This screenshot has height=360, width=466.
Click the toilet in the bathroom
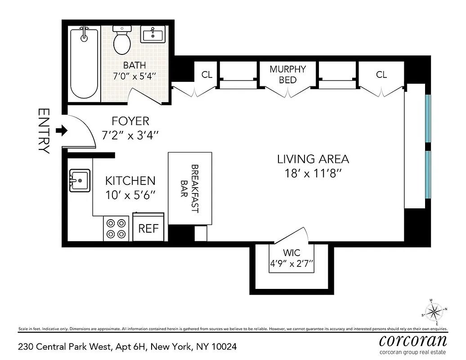pyautogui.click(x=122, y=41)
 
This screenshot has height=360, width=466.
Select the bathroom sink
pyautogui.click(x=152, y=34)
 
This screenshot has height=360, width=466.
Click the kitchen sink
pyautogui.click(x=80, y=180)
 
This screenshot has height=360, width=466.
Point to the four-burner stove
pyautogui.click(x=116, y=228)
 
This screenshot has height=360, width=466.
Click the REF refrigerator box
pyautogui.click(x=148, y=228)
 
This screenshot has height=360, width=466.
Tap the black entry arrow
pyautogui.click(x=61, y=131)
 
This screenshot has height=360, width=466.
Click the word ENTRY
pyautogui.click(x=44, y=131)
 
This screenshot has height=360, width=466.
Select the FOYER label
pyautogui.click(x=130, y=121)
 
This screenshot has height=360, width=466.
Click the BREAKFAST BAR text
pyautogui.click(x=189, y=189)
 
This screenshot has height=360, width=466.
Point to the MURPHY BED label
pyautogui.click(x=287, y=74)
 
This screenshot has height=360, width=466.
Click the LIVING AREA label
pyautogui.click(x=313, y=159)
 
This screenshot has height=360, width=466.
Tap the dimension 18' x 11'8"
pyautogui.click(x=313, y=173)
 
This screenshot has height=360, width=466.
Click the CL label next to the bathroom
pyautogui.click(x=206, y=75)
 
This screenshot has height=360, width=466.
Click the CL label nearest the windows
pyautogui.click(x=381, y=75)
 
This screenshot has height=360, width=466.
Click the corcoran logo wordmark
pyautogui.click(x=412, y=340)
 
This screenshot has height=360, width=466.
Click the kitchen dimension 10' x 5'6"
pyautogui.click(x=130, y=195)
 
